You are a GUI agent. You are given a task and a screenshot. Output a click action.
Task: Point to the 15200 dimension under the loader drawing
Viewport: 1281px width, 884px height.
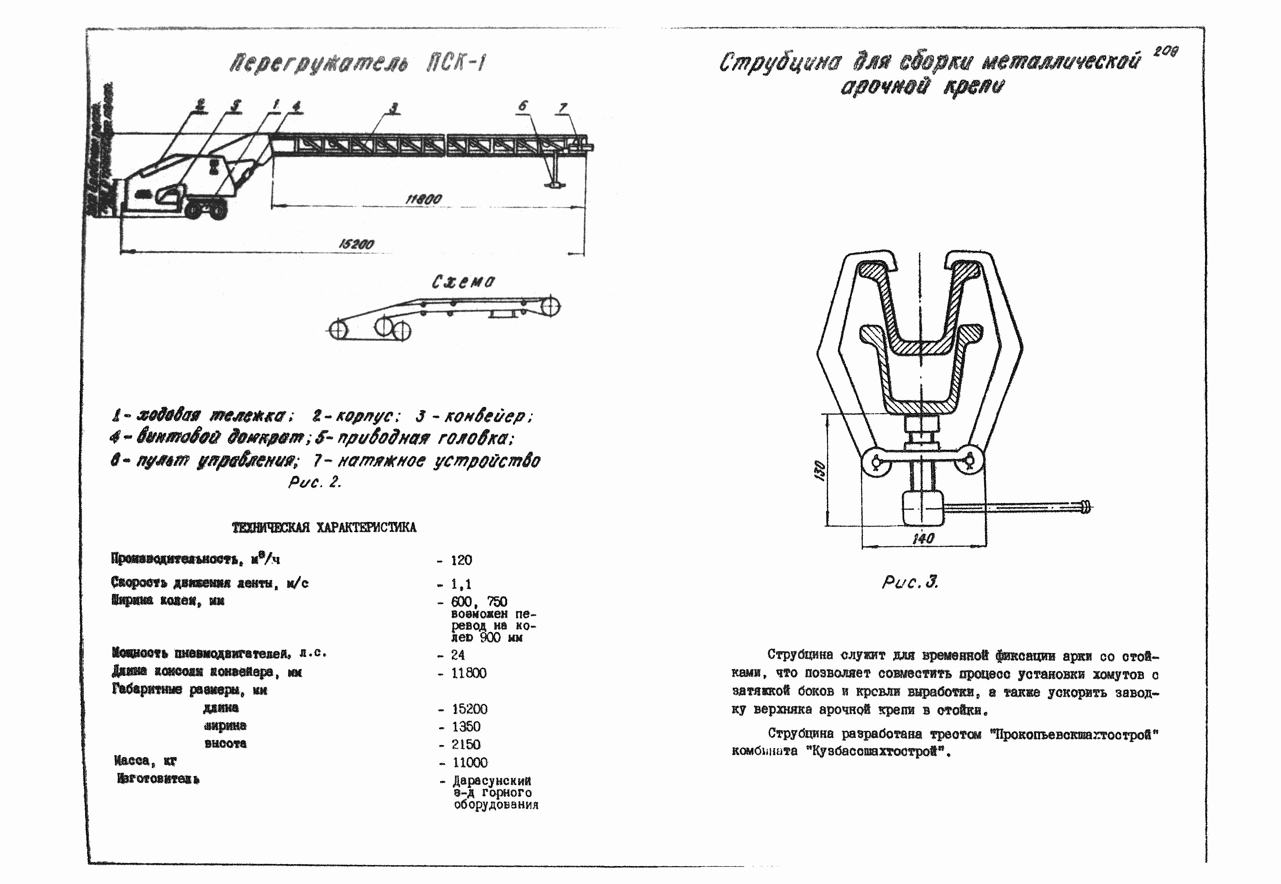[x=356, y=244]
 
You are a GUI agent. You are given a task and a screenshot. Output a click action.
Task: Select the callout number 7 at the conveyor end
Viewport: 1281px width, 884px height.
[x=563, y=108]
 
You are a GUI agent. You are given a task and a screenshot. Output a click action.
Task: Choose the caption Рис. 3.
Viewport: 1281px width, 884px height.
[x=910, y=582]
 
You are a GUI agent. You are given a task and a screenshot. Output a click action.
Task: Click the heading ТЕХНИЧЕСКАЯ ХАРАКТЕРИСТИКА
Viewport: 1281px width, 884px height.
[x=324, y=527]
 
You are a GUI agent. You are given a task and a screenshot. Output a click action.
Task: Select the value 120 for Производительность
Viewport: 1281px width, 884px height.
[x=461, y=560]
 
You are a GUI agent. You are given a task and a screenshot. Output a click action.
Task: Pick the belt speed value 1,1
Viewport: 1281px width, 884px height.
[x=460, y=584]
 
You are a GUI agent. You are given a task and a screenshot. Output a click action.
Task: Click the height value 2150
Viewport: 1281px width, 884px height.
[x=466, y=744]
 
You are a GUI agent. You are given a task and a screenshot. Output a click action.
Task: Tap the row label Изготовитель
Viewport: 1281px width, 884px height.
[x=158, y=779]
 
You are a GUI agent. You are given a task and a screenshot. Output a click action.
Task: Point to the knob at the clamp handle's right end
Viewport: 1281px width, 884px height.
[x=1086, y=507]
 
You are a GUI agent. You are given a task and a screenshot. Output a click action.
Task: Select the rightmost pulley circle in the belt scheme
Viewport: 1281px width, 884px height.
[x=551, y=306]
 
